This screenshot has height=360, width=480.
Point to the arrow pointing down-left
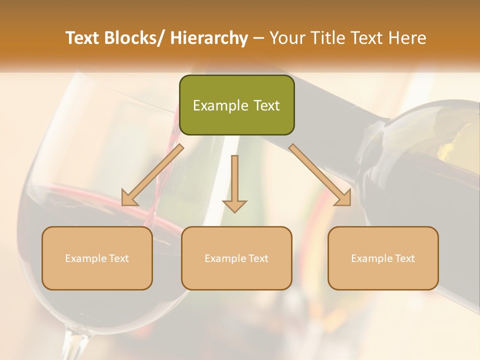[x=152, y=175]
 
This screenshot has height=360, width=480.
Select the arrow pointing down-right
[x=320, y=175]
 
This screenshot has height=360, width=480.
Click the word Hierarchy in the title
[x=209, y=38]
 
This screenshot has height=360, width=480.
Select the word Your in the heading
[x=287, y=38]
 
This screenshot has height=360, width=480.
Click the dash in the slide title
[x=259, y=38]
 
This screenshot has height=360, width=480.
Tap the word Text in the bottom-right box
[x=404, y=258]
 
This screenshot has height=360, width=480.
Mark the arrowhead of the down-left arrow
[x=130, y=198]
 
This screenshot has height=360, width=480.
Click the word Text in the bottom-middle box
[x=258, y=258]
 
